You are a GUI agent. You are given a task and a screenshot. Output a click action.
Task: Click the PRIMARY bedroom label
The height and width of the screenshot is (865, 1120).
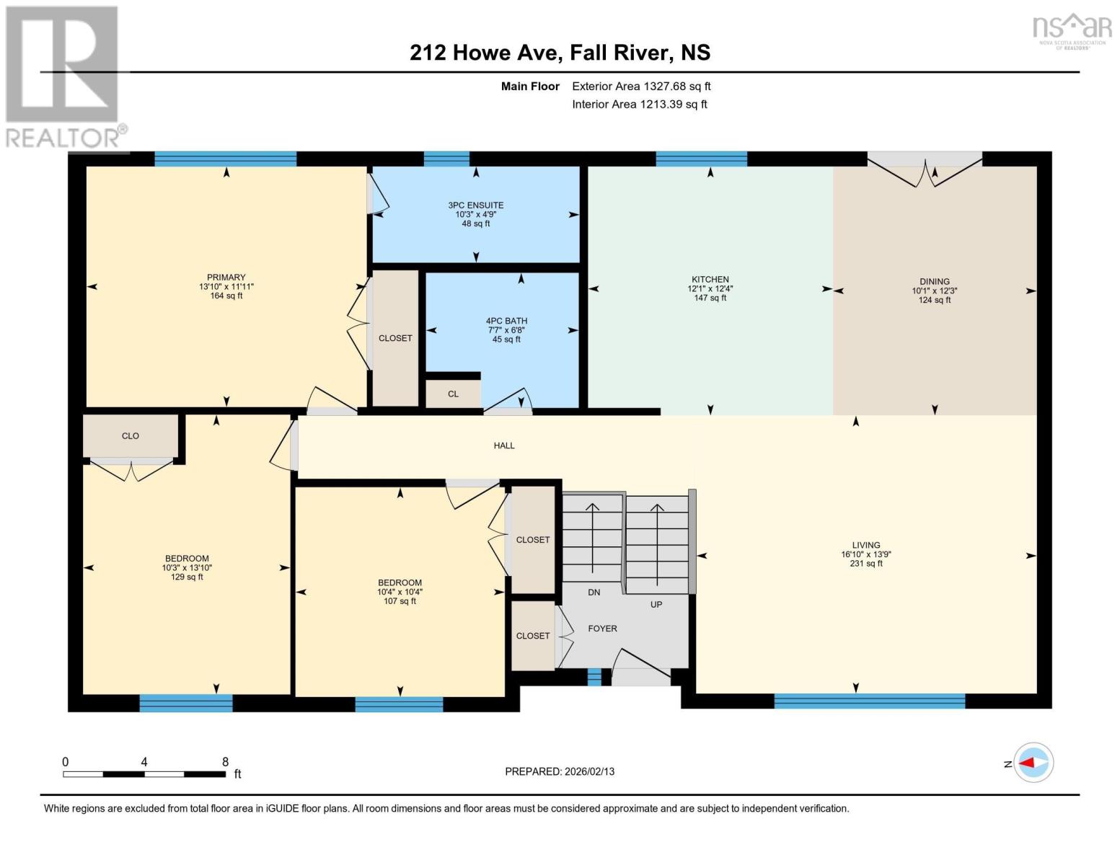click(x=226, y=278)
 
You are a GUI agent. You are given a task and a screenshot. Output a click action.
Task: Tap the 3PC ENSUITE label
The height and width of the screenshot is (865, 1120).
click(x=475, y=205)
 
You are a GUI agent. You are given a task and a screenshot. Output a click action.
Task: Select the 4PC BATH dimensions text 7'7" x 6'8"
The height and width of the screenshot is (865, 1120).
click(x=506, y=330)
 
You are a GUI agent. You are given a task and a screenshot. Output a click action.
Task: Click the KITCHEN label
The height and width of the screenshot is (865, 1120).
click(x=710, y=280)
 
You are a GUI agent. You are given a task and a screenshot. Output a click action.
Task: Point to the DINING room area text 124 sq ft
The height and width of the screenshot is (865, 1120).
click(x=934, y=300)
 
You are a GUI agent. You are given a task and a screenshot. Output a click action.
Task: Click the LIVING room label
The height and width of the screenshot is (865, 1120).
click(x=865, y=546)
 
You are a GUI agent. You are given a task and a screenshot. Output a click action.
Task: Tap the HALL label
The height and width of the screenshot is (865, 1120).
click(x=504, y=445)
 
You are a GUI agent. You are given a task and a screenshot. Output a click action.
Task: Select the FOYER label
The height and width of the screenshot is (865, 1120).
click(x=602, y=629)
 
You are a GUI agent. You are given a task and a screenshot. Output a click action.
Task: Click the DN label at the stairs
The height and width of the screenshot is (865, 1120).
click(x=594, y=593)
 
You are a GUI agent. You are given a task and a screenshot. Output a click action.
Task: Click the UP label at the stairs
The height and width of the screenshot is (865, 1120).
click(x=656, y=605)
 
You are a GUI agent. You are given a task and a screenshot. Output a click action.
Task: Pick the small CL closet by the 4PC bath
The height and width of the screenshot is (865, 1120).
click(x=453, y=394)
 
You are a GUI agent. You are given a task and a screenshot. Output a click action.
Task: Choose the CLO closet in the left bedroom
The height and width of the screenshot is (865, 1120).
click(x=131, y=436)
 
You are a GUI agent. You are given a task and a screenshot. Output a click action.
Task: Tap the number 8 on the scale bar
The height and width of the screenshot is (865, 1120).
click(x=225, y=762)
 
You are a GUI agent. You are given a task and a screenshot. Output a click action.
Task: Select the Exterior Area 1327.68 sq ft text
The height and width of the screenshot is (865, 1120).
click(x=641, y=86)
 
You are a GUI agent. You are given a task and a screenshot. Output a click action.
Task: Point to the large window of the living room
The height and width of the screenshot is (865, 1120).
click(x=869, y=700)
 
